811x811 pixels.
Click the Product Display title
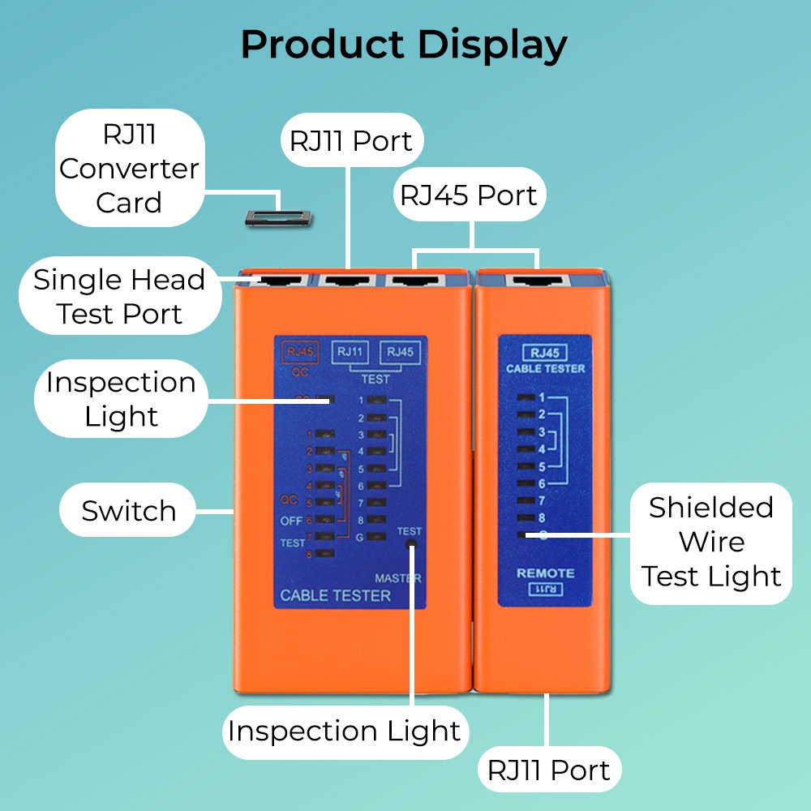pyautogui.click(x=404, y=45)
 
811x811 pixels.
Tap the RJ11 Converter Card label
pyautogui.click(x=129, y=169)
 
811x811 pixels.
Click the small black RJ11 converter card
pyautogui.click(x=278, y=217)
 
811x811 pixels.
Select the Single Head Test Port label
pyautogui.click(x=119, y=297)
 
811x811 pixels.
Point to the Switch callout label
pyautogui.click(x=129, y=511)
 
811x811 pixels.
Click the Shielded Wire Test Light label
pyautogui.click(x=711, y=542)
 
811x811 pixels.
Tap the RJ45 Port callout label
pyautogui.click(x=469, y=195)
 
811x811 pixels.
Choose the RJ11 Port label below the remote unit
pyautogui.click(x=548, y=770)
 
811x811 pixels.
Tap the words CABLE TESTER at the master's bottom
pyautogui.click(x=335, y=596)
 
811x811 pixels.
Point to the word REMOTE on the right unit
pyautogui.click(x=546, y=573)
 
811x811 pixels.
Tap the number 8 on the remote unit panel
pyautogui.click(x=541, y=517)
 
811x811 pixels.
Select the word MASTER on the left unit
pyautogui.click(x=398, y=579)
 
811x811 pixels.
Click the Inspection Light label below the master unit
pyautogui.click(x=344, y=731)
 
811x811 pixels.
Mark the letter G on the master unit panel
pyautogui.click(x=359, y=537)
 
